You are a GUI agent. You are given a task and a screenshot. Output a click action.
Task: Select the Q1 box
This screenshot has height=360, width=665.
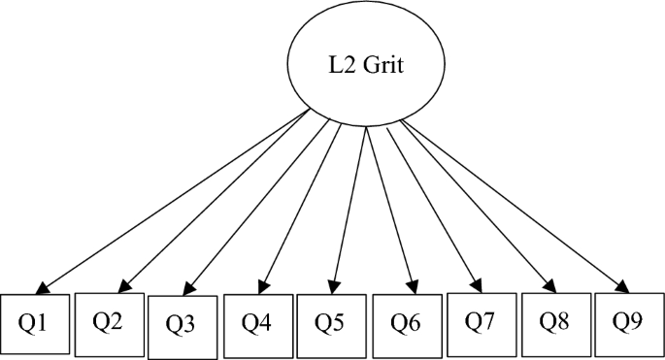(37, 324)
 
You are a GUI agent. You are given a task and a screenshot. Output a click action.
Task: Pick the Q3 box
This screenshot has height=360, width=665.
(183, 327)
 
